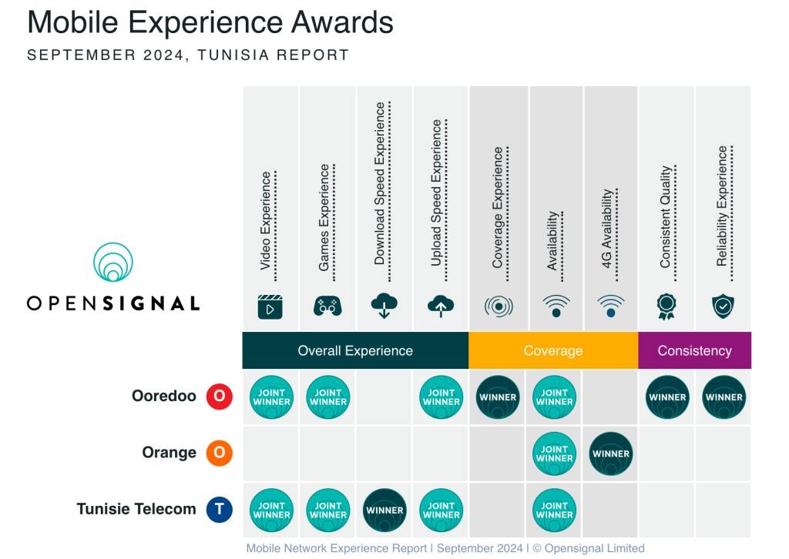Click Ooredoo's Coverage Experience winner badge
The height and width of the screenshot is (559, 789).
pyautogui.click(x=499, y=397)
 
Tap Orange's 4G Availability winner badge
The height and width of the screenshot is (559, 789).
pyautogui.click(x=611, y=454)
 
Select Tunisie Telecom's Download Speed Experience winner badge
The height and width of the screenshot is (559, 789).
pyautogui.click(x=384, y=510)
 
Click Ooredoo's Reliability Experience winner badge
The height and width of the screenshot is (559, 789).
pyautogui.click(x=724, y=397)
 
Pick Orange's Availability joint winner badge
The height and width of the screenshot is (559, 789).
pyautogui.click(x=555, y=454)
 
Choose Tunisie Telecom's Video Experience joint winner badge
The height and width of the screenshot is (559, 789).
pyautogui.click(x=271, y=510)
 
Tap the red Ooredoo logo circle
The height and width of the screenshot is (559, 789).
pyautogui.click(x=219, y=397)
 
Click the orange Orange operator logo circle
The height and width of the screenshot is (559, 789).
pyautogui.click(x=219, y=453)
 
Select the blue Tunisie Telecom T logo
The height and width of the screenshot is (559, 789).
pyautogui.click(x=219, y=509)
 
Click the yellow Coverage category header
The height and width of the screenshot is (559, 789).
pyautogui.click(x=553, y=351)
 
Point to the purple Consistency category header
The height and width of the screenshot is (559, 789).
pyautogui.click(x=694, y=351)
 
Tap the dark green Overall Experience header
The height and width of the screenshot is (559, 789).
pyautogui.click(x=355, y=351)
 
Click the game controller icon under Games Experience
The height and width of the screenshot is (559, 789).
pyautogui.click(x=327, y=306)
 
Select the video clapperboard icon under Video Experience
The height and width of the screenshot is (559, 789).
pyautogui.click(x=270, y=306)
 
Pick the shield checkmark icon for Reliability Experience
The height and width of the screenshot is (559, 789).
pyautogui.click(x=723, y=306)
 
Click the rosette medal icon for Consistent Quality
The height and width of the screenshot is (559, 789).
pyautogui.click(x=666, y=306)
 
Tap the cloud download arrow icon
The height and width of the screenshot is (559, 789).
pyautogui.click(x=384, y=306)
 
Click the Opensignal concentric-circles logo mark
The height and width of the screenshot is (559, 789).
pyautogui.click(x=113, y=263)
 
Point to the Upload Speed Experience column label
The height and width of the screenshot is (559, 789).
pyautogui.click(x=437, y=193)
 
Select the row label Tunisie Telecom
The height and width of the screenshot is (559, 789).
pyautogui.click(x=136, y=509)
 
